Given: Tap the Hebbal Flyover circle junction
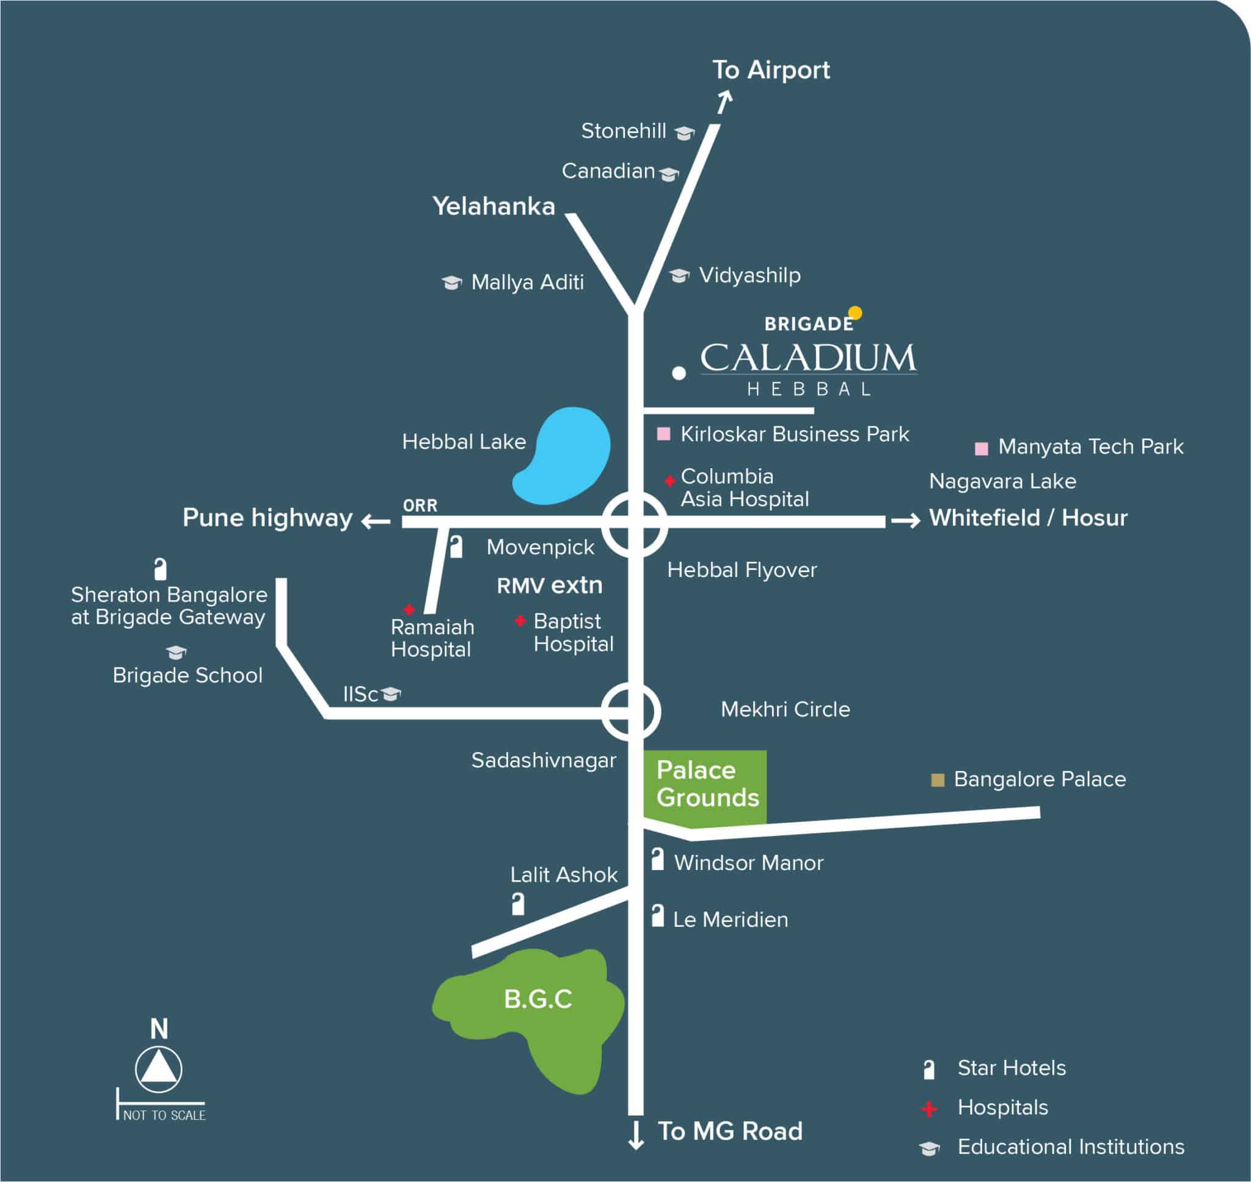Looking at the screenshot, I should pyautogui.click(x=635, y=524).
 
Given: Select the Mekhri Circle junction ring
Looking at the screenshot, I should pyautogui.click(x=631, y=711).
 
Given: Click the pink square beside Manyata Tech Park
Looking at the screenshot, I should pyautogui.click(x=980, y=449).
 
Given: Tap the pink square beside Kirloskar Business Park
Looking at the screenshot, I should pyautogui.click(x=663, y=433).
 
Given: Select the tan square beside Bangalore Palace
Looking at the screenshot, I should pyautogui.click(x=937, y=780).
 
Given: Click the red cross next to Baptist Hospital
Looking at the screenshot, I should pyautogui.click(x=520, y=621).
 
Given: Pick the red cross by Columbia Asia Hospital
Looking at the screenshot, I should pyautogui.click(x=670, y=480).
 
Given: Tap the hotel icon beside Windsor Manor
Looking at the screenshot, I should pyautogui.click(x=657, y=860).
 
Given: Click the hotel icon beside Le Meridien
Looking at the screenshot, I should pyautogui.click(x=657, y=915).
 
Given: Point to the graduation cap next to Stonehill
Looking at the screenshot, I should pyautogui.click(x=684, y=132).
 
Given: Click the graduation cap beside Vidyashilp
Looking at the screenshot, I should pyautogui.click(x=679, y=275).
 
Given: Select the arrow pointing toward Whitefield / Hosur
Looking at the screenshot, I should pyautogui.click(x=906, y=521).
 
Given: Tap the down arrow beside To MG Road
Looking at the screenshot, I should pyautogui.click(x=636, y=1135).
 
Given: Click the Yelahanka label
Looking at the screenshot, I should pyautogui.click(x=494, y=206).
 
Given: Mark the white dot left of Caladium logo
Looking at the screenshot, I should pyautogui.click(x=678, y=373).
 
